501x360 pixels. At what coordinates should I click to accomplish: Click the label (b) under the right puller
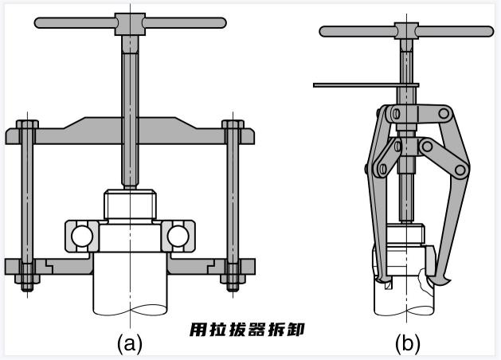407,343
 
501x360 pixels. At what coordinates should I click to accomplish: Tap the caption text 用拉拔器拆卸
249,328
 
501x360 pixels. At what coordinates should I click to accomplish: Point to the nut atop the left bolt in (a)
27,127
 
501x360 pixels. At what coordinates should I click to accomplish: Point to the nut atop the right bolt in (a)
233,127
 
